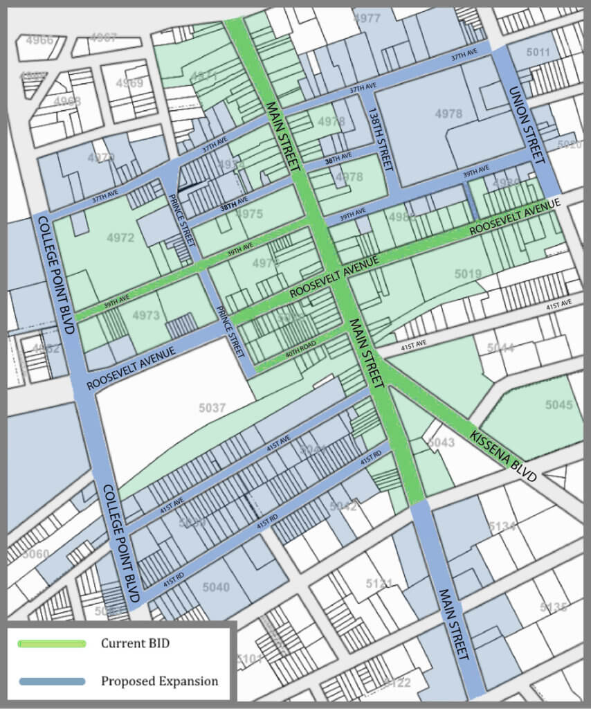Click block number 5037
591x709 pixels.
point(212,409)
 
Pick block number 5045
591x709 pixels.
point(558,404)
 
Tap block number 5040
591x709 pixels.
point(216,587)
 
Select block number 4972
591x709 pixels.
point(120,238)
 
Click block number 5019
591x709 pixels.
point(468,274)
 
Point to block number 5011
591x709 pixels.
point(538,53)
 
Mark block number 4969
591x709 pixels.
point(129,84)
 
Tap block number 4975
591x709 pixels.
point(249,215)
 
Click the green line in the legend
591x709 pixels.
point(53,644)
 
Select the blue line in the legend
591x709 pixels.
point(53,681)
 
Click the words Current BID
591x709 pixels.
point(135,644)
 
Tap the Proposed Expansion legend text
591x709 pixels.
point(159,681)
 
